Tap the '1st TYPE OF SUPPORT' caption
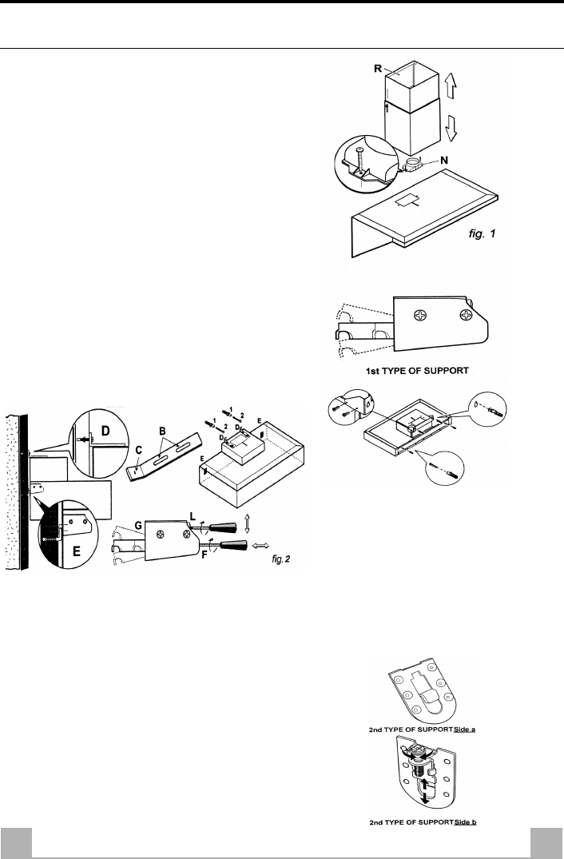click(x=415, y=371)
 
